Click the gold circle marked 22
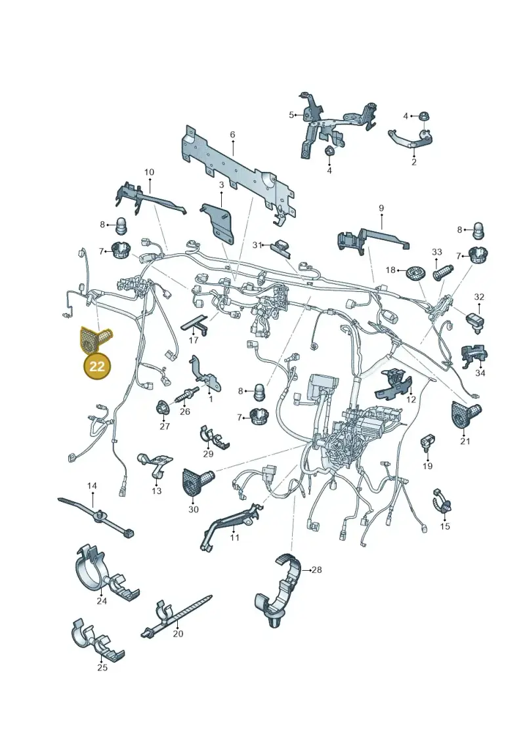(97, 366)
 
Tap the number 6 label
(232, 135)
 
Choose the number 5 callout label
(291, 115)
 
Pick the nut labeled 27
(163, 407)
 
